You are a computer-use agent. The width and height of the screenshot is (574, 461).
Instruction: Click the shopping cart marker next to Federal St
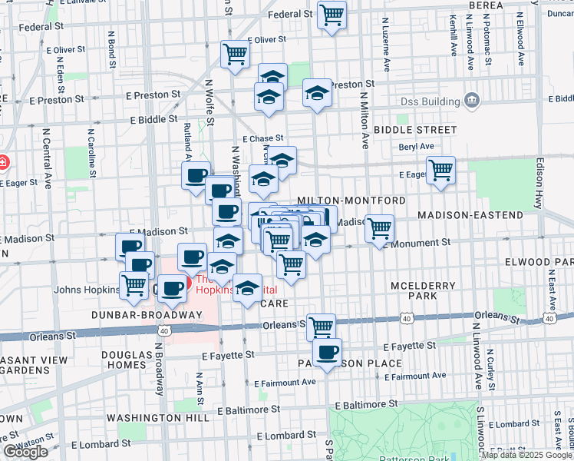click(332, 15)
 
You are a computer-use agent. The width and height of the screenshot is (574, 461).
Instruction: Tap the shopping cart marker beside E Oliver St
click(235, 54)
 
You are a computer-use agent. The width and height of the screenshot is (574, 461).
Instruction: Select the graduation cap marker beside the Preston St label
click(317, 93)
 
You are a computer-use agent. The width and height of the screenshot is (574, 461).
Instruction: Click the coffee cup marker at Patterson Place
click(328, 353)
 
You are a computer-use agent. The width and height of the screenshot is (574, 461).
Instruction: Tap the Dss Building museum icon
click(471, 101)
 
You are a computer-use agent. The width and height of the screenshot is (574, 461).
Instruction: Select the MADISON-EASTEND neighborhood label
click(470, 215)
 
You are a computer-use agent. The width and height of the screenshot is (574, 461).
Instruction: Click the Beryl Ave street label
click(416, 146)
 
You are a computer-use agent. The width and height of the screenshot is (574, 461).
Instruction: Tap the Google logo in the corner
click(25, 452)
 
